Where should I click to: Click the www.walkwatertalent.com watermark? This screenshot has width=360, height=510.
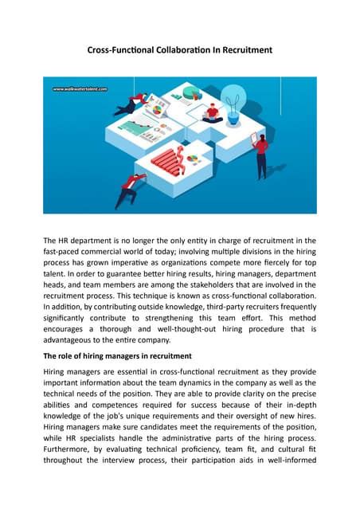pyautogui.click(x=80, y=89)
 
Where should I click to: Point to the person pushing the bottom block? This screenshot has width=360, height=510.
pyautogui.click(x=127, y=190)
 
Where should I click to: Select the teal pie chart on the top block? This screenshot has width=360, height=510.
pyautogui.click(x=190, y=94)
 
